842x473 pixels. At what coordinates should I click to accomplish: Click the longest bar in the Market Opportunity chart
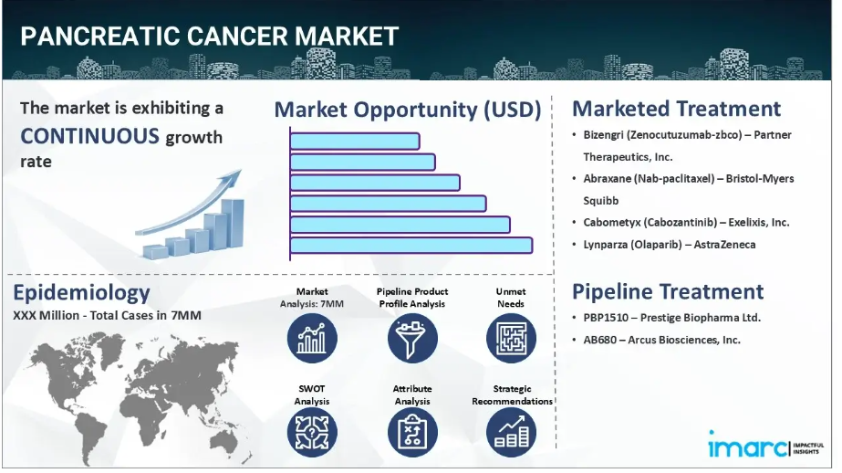(411, 245)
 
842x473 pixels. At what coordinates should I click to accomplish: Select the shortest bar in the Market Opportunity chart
(355, 141)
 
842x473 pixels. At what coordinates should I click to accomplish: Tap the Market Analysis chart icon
(312, 338)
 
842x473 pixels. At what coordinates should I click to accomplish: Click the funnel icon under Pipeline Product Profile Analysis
(412, 338)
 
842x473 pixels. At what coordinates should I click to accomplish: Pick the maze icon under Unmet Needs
(511, 338)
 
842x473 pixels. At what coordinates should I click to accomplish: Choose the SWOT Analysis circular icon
(312, 432)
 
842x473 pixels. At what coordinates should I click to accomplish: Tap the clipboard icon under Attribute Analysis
(412, 432)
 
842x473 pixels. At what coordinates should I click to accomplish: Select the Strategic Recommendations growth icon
(511, 432)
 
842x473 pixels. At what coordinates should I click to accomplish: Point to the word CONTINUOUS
(89, 136)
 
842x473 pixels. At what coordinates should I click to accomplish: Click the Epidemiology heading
(81, 292)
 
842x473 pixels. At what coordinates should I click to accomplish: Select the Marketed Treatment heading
(676, 109)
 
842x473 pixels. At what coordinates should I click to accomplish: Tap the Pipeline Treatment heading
(668, 291)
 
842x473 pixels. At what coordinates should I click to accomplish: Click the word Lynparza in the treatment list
(605, 245)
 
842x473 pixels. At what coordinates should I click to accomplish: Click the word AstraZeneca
(724, 245)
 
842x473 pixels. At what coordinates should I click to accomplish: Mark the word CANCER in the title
(237, 36)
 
